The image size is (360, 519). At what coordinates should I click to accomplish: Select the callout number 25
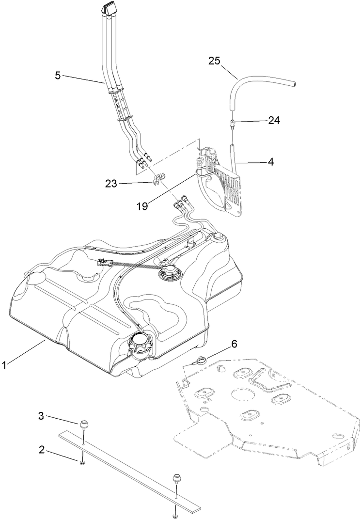(x=215, y=61)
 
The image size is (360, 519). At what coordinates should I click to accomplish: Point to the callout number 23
(x=112, y=183)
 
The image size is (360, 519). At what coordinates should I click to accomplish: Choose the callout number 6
(x=234, y=344)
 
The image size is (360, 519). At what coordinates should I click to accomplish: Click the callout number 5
(x=58, y=75)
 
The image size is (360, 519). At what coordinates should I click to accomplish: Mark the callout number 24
(x=274, y=120)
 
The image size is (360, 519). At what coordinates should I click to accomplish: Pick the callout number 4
(x=270, y=162)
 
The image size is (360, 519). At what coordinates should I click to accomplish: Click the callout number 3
(x=42, y=416)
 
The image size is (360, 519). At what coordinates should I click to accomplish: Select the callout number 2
(x=42, y=450)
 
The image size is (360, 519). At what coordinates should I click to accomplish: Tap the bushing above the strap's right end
(x=177, y=479)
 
